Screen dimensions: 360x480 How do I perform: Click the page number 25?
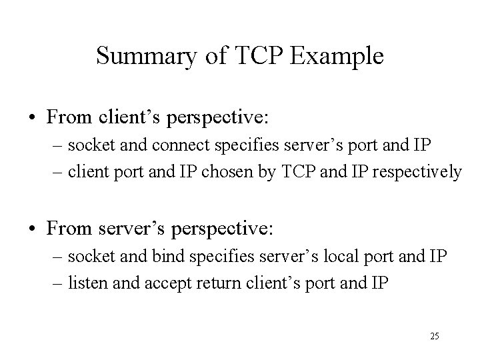pyautogui.click(x=434, y=336)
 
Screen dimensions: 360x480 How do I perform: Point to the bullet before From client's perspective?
pyautogui.click(x=32, y=118)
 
